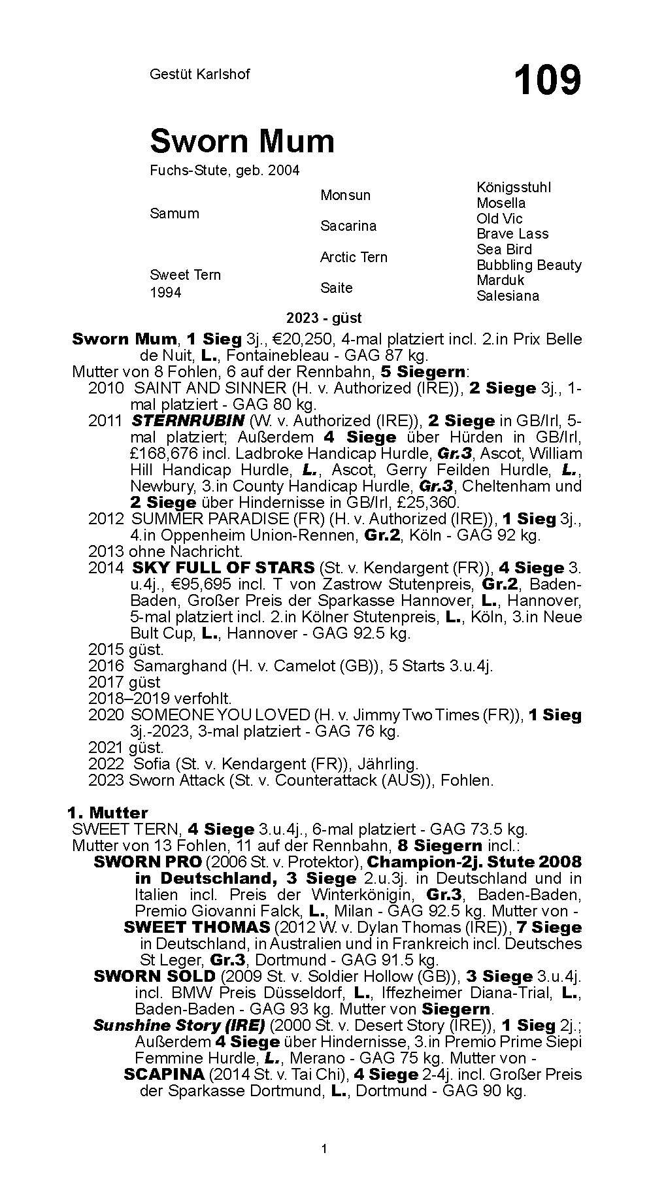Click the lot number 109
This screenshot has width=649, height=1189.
(x=547, y=80)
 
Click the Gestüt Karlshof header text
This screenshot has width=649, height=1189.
(x=199, y=75)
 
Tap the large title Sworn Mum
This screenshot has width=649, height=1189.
(x=242, y=141)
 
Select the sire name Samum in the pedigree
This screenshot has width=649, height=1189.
(x=174, y=213)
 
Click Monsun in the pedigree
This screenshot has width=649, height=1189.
(x=345, y=195)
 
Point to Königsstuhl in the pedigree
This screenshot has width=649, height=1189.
(x=513, y=188)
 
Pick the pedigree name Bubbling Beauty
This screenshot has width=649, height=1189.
(x=529, y=265)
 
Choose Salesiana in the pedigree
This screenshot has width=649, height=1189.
(x=507, y=295)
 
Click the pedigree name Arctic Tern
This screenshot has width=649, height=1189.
(x=354, y=257)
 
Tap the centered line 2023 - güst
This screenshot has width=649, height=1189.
(x=324, y=318)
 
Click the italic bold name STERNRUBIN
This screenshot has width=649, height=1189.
(x=188, y=420)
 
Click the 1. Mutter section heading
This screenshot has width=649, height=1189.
(x=108, y=812)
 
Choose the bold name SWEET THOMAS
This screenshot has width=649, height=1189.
(x=196, y=927)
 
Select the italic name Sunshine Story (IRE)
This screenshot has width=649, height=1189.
(x=178, y=1025)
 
